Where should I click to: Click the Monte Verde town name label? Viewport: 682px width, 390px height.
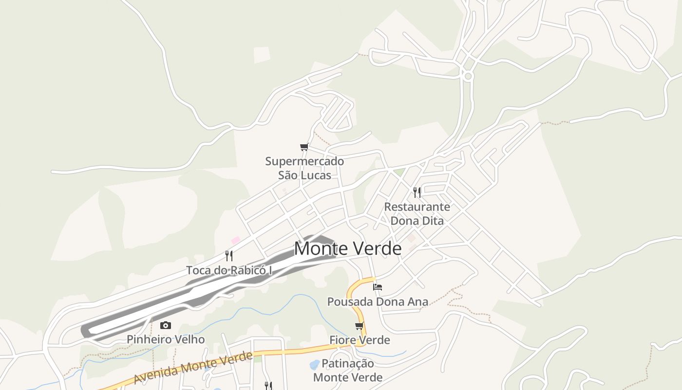347,249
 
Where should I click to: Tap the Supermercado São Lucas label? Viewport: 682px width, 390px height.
304,168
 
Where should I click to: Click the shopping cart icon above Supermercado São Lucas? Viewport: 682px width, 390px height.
304,147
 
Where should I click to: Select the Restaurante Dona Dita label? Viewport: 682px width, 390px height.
417,214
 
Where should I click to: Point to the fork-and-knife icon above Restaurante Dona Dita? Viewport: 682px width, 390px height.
417,192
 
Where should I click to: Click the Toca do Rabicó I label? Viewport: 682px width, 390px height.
229,270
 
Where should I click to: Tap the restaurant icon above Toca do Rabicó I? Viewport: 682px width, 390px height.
229,255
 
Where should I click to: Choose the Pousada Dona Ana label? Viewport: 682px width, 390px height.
378,302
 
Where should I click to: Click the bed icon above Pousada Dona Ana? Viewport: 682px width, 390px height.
378,287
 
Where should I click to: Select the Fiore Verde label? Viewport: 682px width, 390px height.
360,340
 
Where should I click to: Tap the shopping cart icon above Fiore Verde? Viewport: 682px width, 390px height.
360,326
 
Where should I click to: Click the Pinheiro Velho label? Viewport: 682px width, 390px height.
166,339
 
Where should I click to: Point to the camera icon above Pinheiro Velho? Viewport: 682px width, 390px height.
166,325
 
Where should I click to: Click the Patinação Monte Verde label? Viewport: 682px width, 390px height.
348,370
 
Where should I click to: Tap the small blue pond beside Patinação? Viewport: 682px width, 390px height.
315,364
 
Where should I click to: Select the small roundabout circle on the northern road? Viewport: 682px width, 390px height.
468,76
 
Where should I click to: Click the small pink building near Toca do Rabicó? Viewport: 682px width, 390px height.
236,240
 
